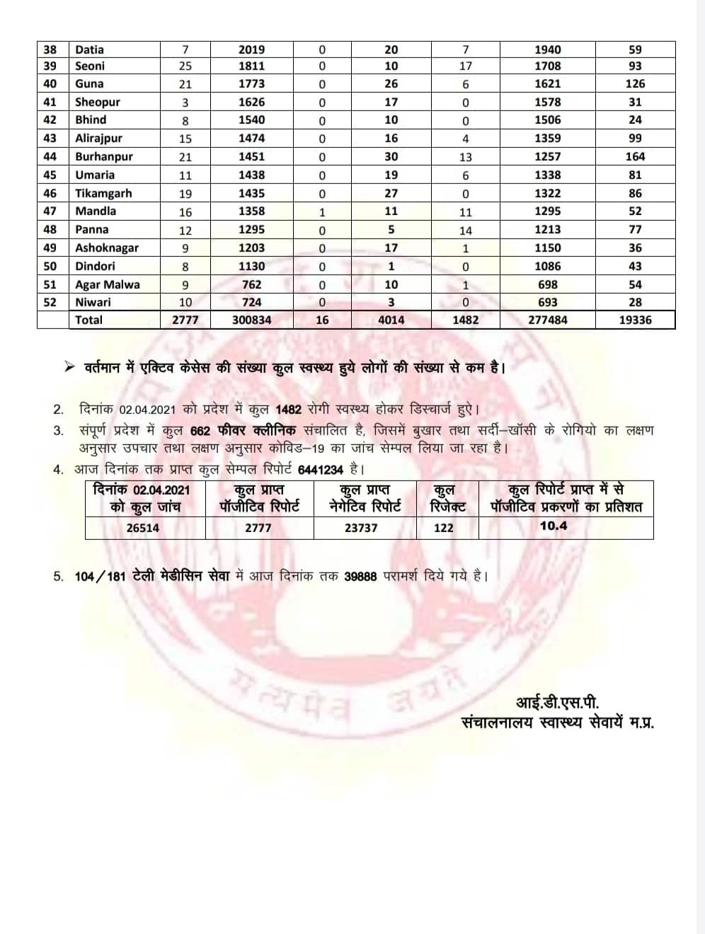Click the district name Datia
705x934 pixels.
click(x=89, y=50)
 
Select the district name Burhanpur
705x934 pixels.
click(x=104, y=156)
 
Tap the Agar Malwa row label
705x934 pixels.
click(x=108, y=284)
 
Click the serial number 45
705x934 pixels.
click(x=50, y=175)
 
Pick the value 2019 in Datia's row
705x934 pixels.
click(x=251, y=50)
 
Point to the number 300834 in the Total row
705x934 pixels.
click(x=251, y=320)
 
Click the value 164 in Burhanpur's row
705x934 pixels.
click(x=635, y=156)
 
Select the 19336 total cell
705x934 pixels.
click(x=635, y=320)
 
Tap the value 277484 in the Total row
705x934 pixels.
click(x=547, y=320)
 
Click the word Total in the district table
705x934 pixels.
click(x=89, y=320)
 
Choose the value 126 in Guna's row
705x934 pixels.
click(x=635, y=83)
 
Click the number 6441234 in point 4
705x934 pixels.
click(x=321, y=469)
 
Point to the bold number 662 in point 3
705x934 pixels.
click(x=201, y=431)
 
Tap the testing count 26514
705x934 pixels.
click(x=143, y=528)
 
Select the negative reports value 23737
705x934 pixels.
click(x=361, y=528)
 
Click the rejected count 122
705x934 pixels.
click(x=444, y=528)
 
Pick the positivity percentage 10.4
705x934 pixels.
click(x=554, y=526)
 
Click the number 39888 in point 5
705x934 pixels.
click(x=360, y=577)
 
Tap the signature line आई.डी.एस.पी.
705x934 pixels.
click(x=557, y=703)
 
